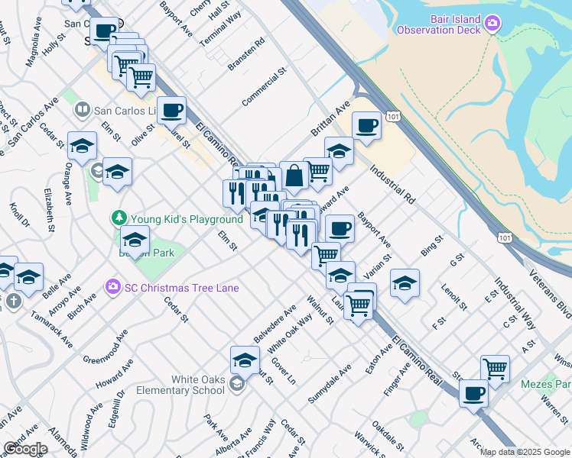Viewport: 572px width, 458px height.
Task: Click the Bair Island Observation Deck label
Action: click(x=438, y=24)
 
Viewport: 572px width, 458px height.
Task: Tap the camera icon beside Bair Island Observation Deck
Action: click(x=493, y=24)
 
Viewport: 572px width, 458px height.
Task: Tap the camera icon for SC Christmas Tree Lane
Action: click(x=112, y=288)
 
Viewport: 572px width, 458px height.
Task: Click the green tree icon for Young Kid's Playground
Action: click(x=119, y=219)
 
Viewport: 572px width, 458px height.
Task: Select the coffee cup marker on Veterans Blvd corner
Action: click(x=474, y=394)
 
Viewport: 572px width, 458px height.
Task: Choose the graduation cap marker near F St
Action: click(x=405, y=283)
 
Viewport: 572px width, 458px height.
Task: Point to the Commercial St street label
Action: click(x=264, y=86)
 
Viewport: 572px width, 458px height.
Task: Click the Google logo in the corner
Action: click(x=25, y=449)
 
